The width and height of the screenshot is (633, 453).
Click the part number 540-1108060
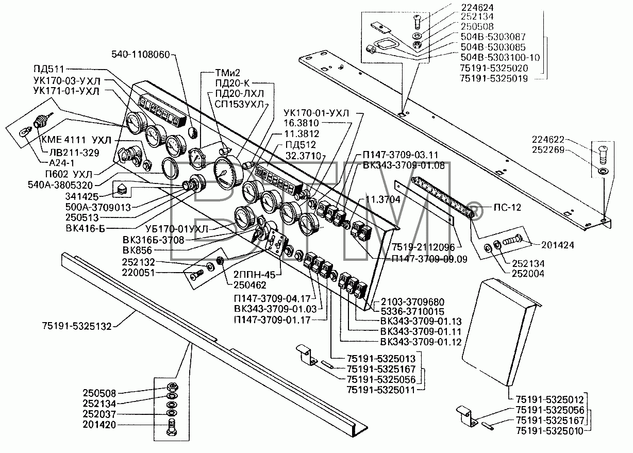[x=140, y=55]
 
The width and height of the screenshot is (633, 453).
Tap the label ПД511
[x=48, y=69]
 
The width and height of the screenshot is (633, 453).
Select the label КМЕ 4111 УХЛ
[x=77, y=140]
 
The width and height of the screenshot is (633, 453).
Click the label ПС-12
[x=507, y=207]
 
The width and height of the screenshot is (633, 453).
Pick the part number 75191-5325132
[x=77, y=326]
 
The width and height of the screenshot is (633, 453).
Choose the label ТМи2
[x=227, y=73]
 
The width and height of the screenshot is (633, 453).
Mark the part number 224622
[x=548, y=140]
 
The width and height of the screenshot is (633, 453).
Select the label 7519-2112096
[x=423, y=247]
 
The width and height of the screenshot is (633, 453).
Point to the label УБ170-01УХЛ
[x=177, y=229]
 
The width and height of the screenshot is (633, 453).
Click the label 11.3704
[x=382, y=199]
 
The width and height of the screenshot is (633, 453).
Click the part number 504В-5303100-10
[x=500, y=58]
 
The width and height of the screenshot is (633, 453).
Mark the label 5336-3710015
[x=412, y=311]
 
